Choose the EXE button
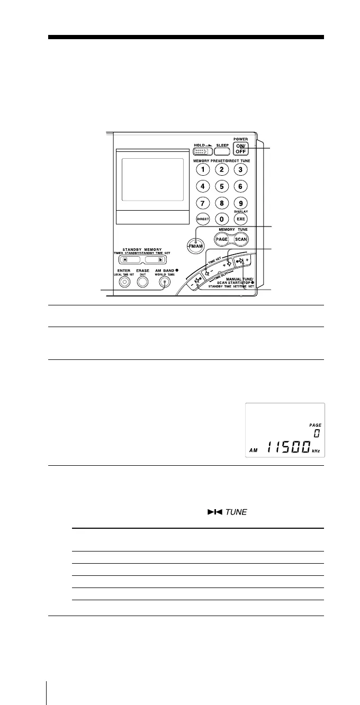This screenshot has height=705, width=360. [240, 219]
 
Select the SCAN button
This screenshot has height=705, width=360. [241, 239]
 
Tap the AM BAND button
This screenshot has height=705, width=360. [165, 282]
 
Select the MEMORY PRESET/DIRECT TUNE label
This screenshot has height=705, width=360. [222, 160]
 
